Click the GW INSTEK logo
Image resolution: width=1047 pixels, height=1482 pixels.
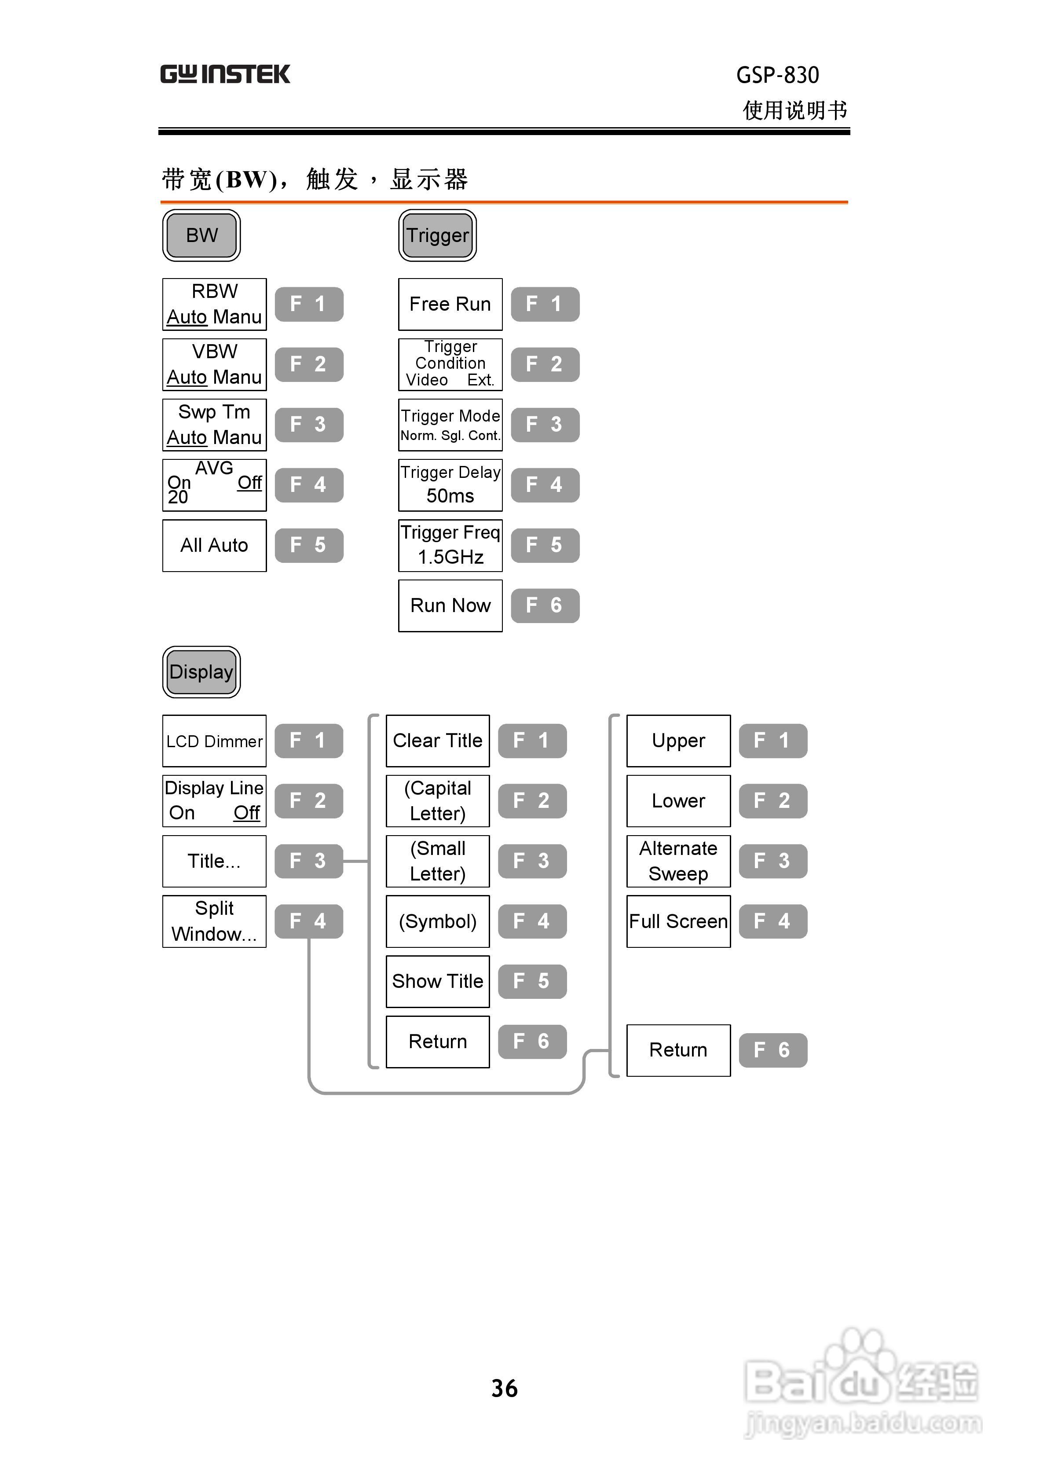pos(225,74)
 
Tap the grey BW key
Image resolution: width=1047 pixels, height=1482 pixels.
pos(201,235)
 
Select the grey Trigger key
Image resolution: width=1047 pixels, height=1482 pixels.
pos(437,235)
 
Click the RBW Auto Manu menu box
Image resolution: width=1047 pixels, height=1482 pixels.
pos(214,304)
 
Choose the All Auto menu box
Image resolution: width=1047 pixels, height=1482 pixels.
pos(214,546)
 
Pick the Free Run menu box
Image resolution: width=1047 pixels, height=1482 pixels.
pos(450,304)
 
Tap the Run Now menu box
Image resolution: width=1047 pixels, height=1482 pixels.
pos(450,605)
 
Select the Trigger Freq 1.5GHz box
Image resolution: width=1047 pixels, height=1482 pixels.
pos(450,546)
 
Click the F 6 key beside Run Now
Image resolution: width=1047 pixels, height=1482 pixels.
pos(545,605)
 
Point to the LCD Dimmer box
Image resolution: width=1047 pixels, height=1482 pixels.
pos(214,741)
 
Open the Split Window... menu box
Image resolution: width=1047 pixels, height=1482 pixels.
pos(214,921)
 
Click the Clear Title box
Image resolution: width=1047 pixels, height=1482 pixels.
pos(438,741)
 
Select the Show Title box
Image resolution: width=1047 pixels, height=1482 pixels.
pos(438,981)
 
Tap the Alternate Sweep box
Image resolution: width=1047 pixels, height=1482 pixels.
pos(678,861)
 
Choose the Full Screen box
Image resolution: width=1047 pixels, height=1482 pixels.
pos(678,921)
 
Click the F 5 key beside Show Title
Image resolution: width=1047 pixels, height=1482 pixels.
pos(532,981)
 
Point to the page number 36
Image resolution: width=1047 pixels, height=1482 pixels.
pos(504,1388)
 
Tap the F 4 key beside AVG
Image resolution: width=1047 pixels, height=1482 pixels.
pos(308,485)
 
